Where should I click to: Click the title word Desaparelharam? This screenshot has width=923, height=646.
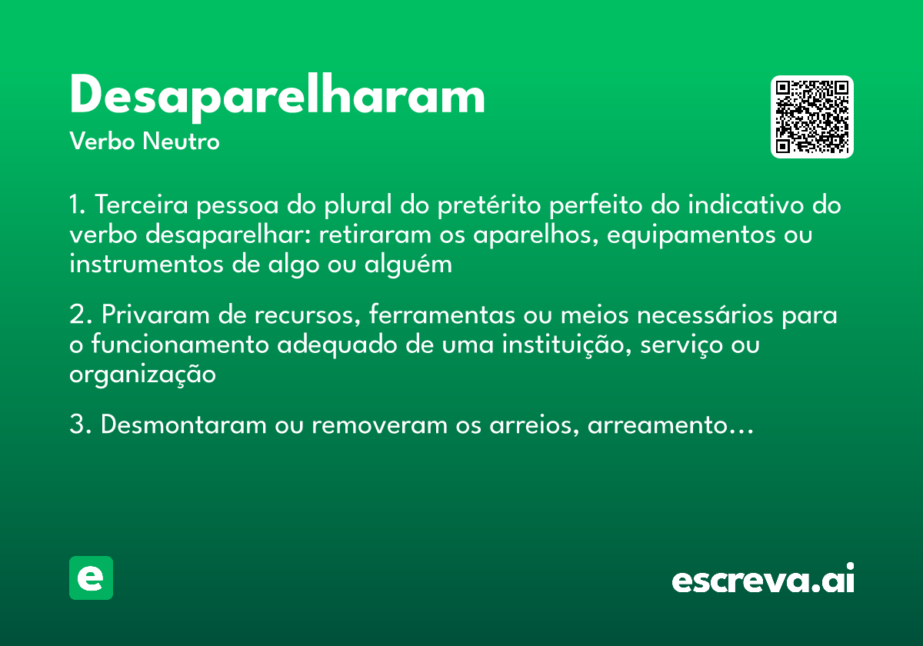277,97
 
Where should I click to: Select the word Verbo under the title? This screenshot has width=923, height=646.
102,142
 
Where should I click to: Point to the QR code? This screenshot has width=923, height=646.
812,117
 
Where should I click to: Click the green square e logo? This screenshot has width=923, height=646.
91,578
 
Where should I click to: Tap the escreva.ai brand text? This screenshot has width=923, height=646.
763,580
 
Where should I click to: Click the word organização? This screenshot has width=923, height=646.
142,375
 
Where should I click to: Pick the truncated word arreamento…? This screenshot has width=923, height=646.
669,425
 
